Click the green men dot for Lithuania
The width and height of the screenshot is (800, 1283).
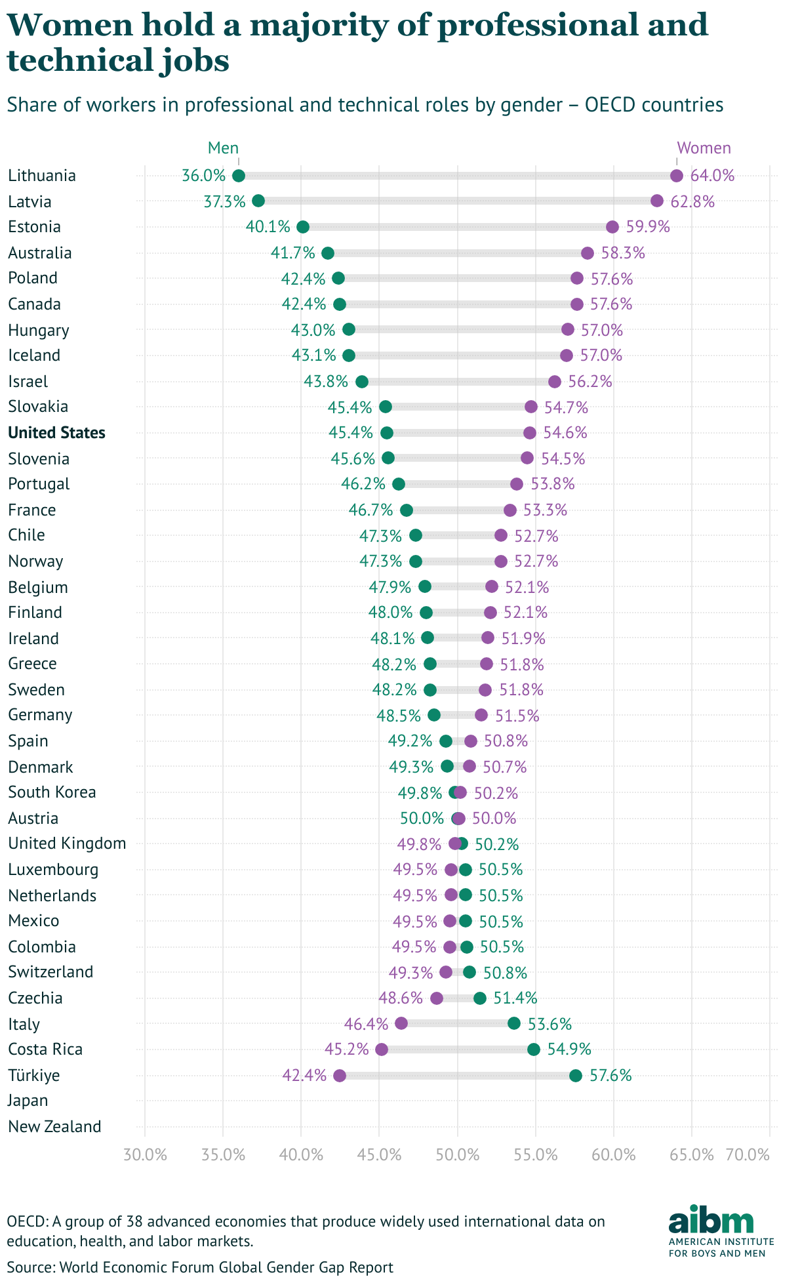239,176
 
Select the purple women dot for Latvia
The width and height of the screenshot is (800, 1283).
657,201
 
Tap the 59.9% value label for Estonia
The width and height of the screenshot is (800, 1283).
648,227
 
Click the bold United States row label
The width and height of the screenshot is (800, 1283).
57,433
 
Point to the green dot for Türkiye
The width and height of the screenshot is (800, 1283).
576,1075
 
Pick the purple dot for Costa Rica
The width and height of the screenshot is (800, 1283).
382,1049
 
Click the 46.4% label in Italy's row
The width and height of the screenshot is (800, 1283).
366,1024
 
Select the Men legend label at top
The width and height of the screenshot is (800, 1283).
223,148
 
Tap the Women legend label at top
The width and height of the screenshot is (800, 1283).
704,148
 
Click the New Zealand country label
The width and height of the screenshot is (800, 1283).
55,1127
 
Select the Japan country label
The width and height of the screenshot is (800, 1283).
28,1101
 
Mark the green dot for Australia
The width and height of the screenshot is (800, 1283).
328,253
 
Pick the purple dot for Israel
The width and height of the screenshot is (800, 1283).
555,382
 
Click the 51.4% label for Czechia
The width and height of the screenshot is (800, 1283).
515,998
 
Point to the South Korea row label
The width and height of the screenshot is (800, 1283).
52,792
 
